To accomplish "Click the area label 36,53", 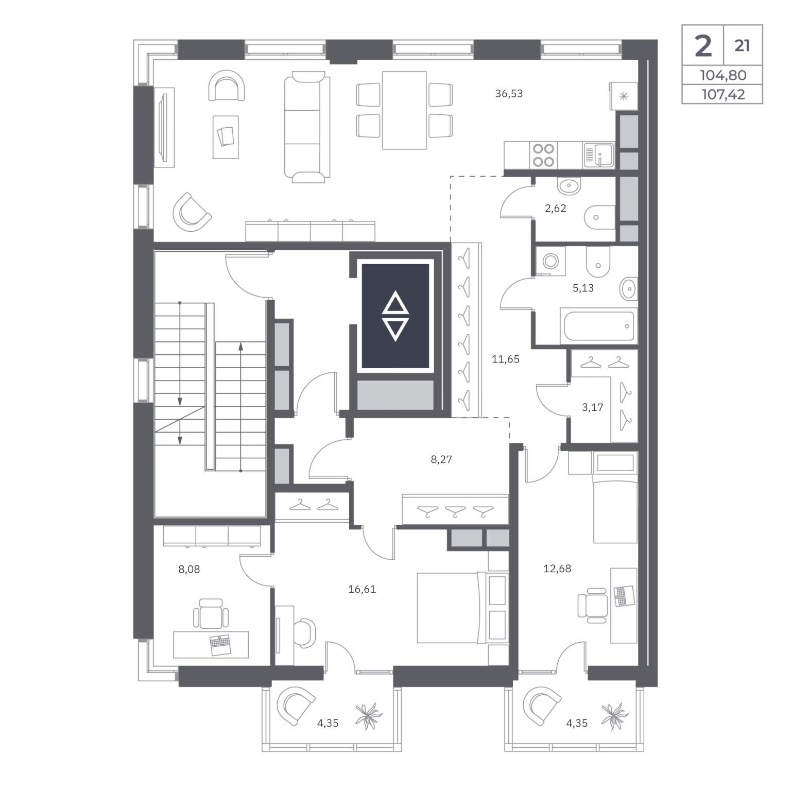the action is point(509,94).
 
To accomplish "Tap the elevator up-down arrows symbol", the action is point(395,316).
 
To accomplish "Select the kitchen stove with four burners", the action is point(543,155).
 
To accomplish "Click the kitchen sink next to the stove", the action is point(599,155).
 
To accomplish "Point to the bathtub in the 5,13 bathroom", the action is point(598,326).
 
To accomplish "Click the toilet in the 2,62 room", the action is point(600,217).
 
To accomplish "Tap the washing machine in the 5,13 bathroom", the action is point(551,261).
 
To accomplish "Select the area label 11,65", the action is point(506,359).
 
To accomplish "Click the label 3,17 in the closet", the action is point(592,407).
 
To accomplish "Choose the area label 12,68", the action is point(557,569).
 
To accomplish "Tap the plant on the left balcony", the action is point(369,715).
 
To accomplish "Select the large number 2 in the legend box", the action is point(703,46).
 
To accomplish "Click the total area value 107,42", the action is point(723,94).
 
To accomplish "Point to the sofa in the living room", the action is point(307,127).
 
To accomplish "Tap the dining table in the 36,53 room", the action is point(404,110).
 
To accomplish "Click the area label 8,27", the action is point(441,459).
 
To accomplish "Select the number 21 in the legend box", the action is point(742,46).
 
